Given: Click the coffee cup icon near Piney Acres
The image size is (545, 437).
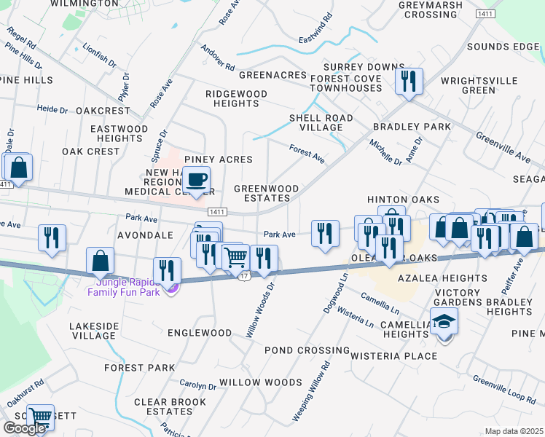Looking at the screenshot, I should point(195,179).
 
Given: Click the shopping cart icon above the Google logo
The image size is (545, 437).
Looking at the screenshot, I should point(40,417).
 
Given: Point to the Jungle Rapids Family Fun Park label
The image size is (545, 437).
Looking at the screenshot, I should point(123,287).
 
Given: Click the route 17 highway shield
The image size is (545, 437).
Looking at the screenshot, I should point(245,276).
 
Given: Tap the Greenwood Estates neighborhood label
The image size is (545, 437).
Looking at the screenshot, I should point(267,193).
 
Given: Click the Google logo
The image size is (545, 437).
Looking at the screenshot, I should point(24,428).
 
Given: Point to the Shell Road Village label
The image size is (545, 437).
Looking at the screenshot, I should point(321,122).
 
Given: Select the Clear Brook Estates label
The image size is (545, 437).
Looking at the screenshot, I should point(170,406).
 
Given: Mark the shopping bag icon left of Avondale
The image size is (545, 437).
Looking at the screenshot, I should point(100,261).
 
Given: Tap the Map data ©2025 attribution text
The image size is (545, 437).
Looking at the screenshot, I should point(514,431).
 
